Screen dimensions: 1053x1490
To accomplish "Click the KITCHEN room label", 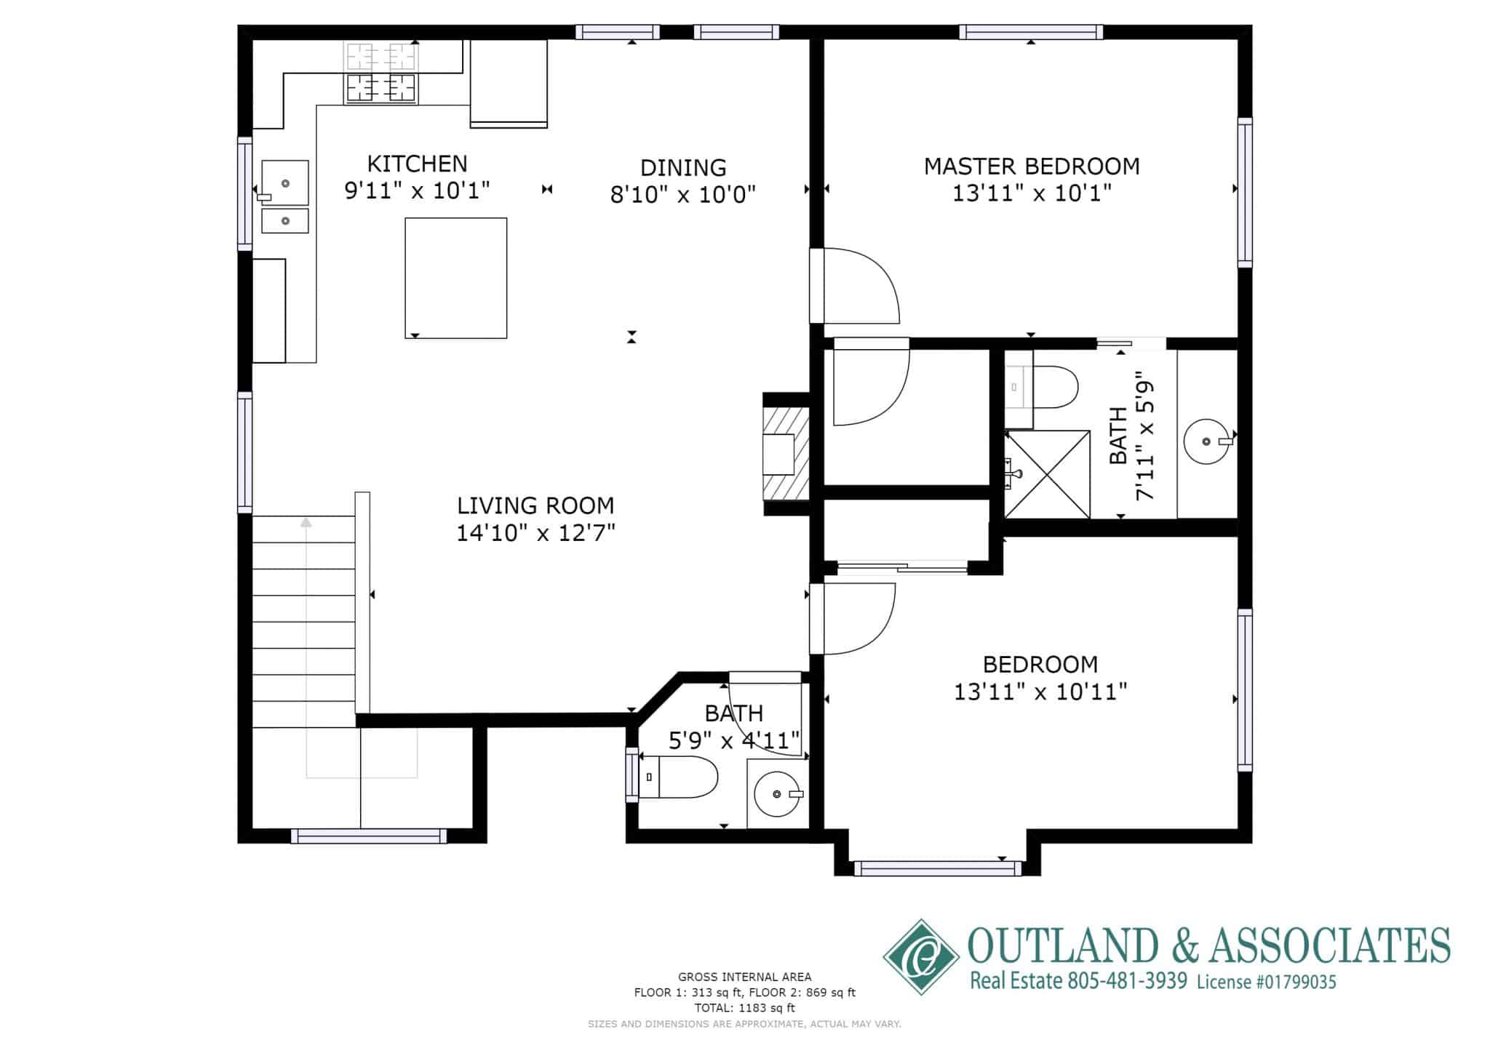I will (417, 164).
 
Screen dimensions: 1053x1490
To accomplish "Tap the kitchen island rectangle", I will (455, 278).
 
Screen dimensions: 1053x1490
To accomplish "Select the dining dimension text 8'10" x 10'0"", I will (682, 195).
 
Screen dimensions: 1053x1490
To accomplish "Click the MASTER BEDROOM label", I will (1031, 167).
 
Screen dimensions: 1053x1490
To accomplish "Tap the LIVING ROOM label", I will (535, 505).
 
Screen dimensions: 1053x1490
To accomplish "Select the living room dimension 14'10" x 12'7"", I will (535, 533).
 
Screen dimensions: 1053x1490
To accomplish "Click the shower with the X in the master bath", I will (1048, 474).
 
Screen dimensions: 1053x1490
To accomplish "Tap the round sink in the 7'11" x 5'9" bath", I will (1206, 441).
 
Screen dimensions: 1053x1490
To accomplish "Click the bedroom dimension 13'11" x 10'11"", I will (1040, 692).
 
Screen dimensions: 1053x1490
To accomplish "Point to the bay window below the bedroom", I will (938, 868).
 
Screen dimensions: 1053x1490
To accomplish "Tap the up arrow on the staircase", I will (306, 522).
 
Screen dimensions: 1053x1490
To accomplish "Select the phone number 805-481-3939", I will (1127, 981).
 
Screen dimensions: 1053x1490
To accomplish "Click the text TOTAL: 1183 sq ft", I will (744, 1008).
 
